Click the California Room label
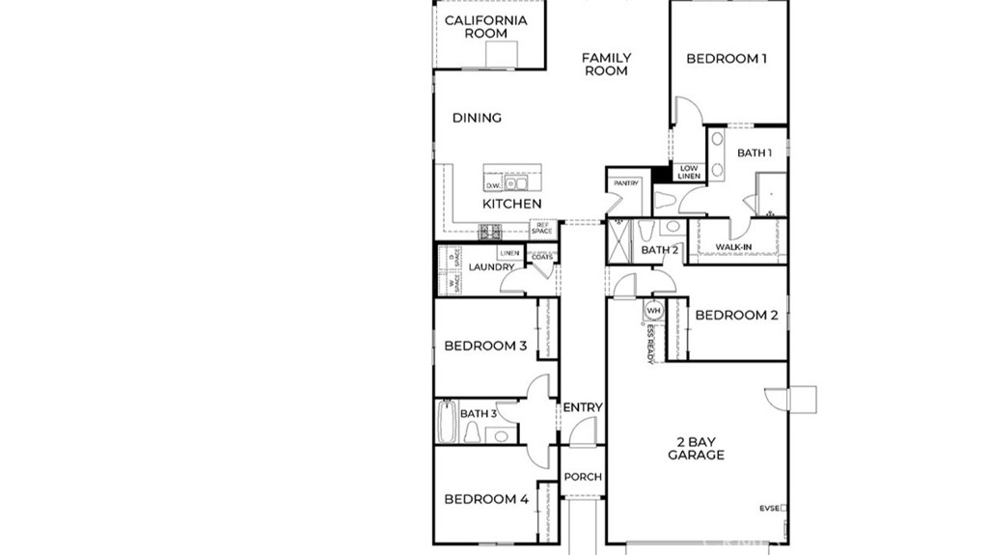coord(486,26)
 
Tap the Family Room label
coord(606,65)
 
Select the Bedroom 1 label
coord(727,59)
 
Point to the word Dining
coord(477,118)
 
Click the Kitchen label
coord(511,204)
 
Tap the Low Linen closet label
coord(688,173)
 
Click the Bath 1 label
coord(754,153)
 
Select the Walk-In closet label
coord(733,248)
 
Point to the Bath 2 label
coord(660,251)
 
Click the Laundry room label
coord(491,267)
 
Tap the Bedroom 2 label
coord(736,315)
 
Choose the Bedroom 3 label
coord(485,346)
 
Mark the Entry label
coord(582,407)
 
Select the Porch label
coord(583,477)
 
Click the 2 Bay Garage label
coord(696,448)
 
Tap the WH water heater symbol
coord(653,311)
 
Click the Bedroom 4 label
coord(485,499)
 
